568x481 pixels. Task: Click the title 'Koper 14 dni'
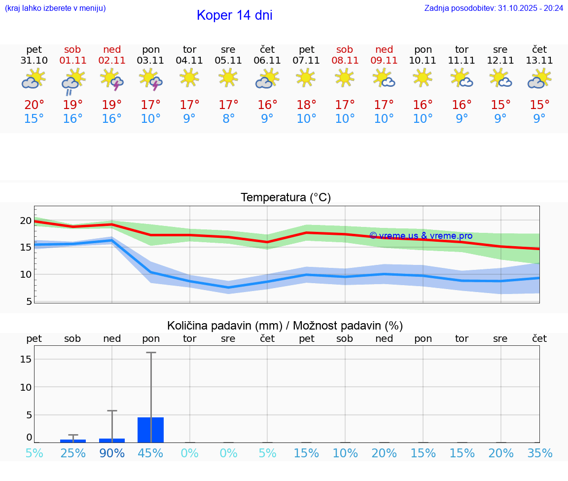(x=234, y=15)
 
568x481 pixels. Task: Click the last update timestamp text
(x=494, y=8)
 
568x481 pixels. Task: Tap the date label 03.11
(x=151, y=61)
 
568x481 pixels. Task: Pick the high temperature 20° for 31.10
(x=34, y=105)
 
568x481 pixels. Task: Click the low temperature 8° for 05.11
(x=228, y=119)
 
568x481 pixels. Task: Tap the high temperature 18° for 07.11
(x=306, y=105)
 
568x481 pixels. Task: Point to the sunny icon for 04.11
(x=190, y=77)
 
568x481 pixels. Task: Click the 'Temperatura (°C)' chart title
(x=285, y=198)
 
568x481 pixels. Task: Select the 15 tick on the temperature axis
(x=25, y=247)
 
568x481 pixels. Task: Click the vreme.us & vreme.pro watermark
(x=421, y=236)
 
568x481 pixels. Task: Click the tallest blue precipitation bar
(x=151, y=430)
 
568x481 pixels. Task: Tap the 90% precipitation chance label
(x=112, y=453)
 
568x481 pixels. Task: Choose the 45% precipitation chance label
(x=151, y=453)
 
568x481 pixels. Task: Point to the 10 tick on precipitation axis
(x=26, y=387)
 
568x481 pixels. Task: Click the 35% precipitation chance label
(x=540, y=453)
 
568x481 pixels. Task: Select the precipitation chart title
(x=285, y=326)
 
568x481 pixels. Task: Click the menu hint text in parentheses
(x=55, y=8)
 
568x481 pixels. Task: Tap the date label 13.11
(x=539, y=61)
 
